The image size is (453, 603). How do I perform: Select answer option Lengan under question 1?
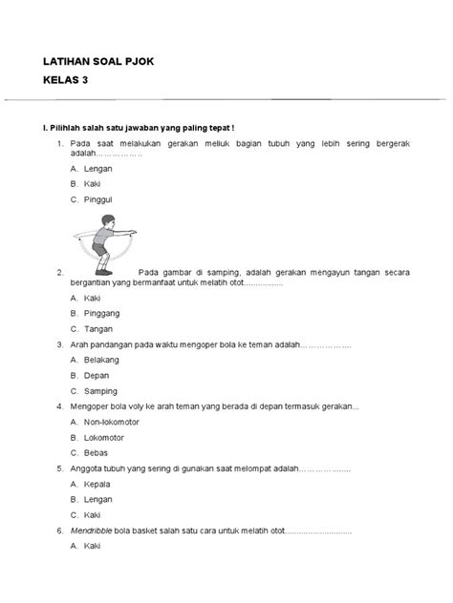(98, 168)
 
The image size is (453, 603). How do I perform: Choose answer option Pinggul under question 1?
(99, 199)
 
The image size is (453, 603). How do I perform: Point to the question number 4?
(60, 405)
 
